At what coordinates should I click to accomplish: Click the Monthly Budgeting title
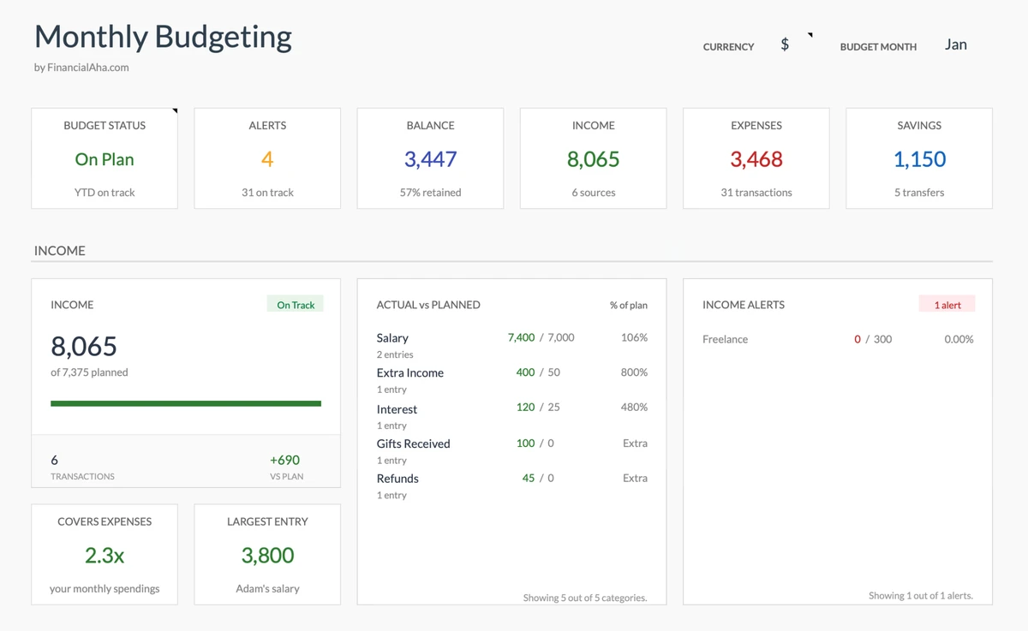(x=163, y=37)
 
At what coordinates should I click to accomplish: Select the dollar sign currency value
(x=785, y=45)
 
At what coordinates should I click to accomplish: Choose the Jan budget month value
(x=955, y=45)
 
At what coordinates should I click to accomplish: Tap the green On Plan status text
(x=105, y=159)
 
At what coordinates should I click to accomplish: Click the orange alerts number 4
(x=267, y=159)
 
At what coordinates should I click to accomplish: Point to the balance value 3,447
(x=430, y=159)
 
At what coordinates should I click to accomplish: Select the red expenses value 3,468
(x=756, y=159)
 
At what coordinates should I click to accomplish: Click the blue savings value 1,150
(x=919, y=159)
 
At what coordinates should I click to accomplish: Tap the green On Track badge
(x=296, y=305)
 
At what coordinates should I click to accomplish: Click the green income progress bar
(x=186, y=403)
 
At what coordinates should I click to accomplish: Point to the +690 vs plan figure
(x=284, y=460)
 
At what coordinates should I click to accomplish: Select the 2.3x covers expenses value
(x=105, y=556)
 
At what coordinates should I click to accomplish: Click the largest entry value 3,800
(x=267, y=556)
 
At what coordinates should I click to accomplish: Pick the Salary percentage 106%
(x=634, y=337)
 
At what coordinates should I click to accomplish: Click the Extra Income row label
(x=409, y=372)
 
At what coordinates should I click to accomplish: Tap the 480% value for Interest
(x=634, y=408)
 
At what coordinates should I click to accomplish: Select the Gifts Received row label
(x=413, y=443)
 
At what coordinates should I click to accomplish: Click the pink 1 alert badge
(x=947, y=305)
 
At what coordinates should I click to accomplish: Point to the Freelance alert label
(x=725, y=339)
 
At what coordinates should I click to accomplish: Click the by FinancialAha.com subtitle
(x=81, y=68)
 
